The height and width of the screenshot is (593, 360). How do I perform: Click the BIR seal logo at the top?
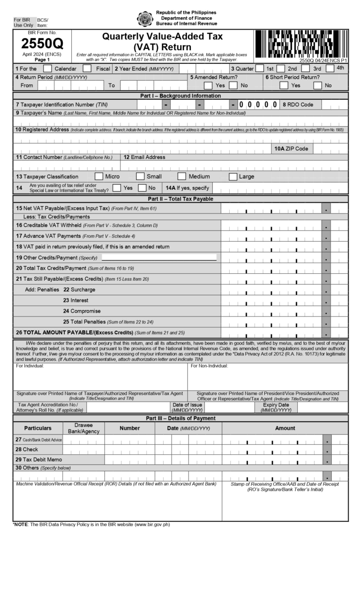[145, 19]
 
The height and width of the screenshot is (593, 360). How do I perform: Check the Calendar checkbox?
[47, 68]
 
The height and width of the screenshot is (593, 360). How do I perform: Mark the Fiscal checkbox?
[87, 68]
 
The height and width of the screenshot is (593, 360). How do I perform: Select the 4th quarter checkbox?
[330, 68]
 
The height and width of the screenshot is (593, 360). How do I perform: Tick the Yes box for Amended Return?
[208, 85]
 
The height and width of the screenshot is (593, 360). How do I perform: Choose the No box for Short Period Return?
[318, 85]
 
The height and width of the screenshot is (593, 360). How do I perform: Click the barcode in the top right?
[300, 44]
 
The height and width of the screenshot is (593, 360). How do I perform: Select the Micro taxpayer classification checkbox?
[99, 177]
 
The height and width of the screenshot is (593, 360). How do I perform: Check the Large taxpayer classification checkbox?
[233, 177]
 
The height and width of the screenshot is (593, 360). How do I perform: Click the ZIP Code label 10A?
[292, 149]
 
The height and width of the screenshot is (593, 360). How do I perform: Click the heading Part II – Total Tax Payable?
[180, 199]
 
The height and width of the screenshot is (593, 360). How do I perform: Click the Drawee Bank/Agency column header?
[84, 428]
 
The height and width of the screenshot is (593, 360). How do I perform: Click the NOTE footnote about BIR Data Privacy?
[91, 524]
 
